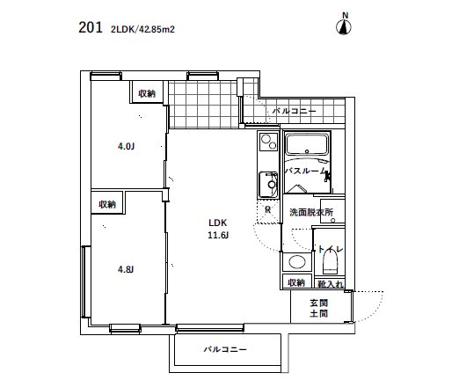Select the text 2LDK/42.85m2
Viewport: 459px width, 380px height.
(142, 28)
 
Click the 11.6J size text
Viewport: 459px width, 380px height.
(218, 236)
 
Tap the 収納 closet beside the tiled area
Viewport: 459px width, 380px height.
(146, 93)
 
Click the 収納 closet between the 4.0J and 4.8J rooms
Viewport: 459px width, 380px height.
(107, 204)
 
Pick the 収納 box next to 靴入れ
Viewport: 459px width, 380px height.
(295, 282)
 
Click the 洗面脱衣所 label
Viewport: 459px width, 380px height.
(310, 213)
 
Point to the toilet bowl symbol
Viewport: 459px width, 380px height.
(332, 262)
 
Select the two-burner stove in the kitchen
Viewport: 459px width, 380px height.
(267, 142)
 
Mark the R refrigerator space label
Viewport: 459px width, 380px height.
(267, 209)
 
